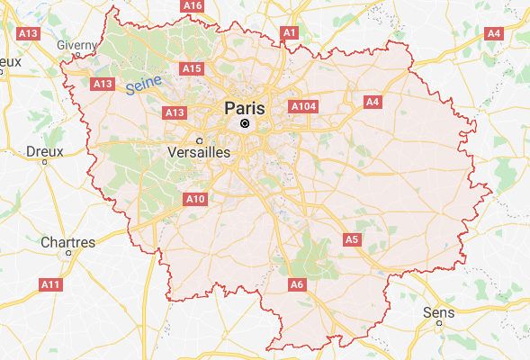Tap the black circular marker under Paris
pos(244,122)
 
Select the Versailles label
pos(199,153)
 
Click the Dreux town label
pos(45,151)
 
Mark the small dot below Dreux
pos(43,165)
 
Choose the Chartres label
pos(67,242)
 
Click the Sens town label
pos(438,312)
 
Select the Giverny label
pos(76,44)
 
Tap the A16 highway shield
pos(193,5)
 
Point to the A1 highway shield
pos(289,32)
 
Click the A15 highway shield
pos(192,68)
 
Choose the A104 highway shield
pos(303,106)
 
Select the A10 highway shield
pos(194,198)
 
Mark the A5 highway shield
pos(352,239)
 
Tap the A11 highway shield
pos(51,284)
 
